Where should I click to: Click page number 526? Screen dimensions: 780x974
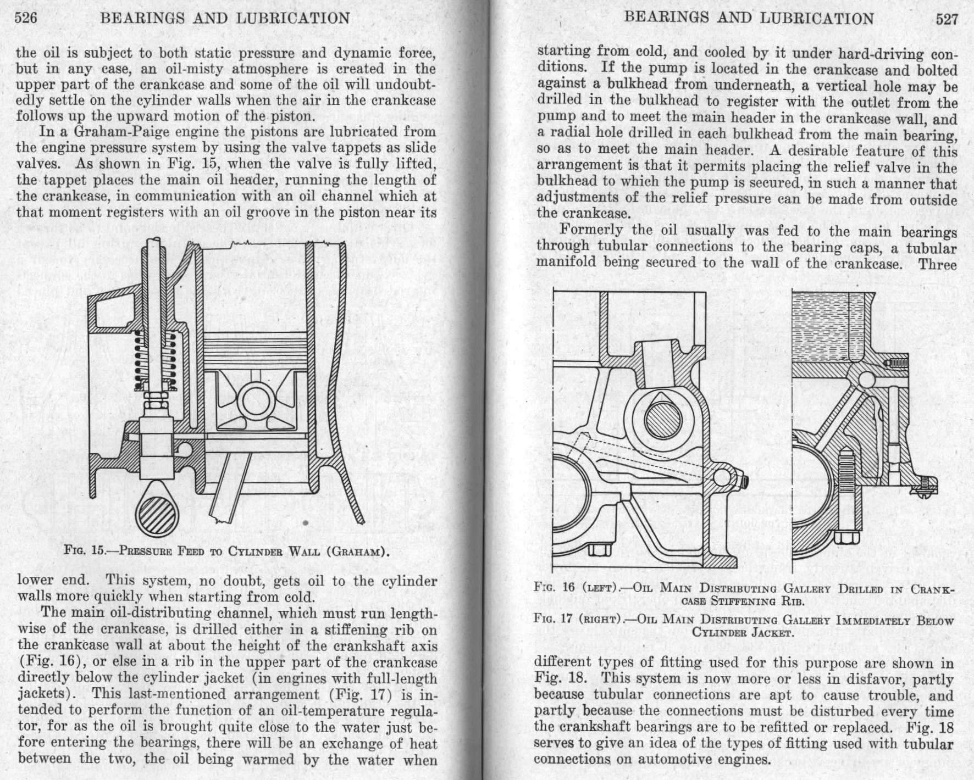click(x=26, y=18)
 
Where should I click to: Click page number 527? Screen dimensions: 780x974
click(x=947, y=20)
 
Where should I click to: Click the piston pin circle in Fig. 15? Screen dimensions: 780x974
click(x=256, y=398)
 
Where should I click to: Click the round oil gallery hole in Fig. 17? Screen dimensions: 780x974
click(x=866, y=379)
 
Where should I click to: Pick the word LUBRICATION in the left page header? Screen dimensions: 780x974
click(x=293, y=18)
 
